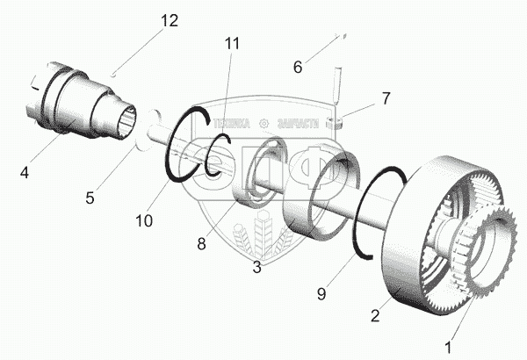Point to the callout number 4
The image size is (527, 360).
25,173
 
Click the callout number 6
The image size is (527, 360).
297,66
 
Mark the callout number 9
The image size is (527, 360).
321,294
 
